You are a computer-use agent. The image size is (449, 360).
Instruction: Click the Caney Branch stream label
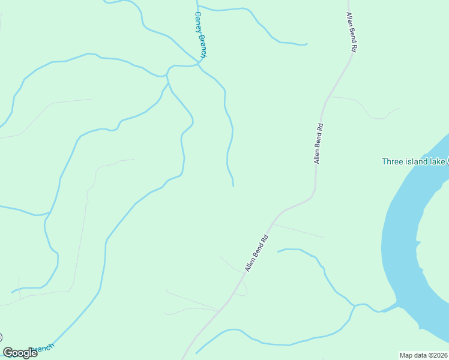(200, 34)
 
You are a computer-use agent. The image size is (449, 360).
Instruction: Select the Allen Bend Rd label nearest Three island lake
(319, 143)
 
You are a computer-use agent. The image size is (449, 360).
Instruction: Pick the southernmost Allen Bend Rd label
(256, 252)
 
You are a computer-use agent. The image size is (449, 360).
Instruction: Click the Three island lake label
(414, 161)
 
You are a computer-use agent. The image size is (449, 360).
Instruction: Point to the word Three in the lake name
(393, 161)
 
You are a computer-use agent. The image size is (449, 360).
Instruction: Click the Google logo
(20, 353)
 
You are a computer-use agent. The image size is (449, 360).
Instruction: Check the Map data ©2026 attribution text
(424, 355)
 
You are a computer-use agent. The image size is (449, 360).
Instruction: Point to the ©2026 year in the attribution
(438, 355)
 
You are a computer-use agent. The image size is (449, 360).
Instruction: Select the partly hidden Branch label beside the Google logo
(46, 348)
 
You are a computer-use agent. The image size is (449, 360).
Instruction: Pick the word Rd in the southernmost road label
(264, 238)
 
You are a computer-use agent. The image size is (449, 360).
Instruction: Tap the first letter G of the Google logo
(8, 353)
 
